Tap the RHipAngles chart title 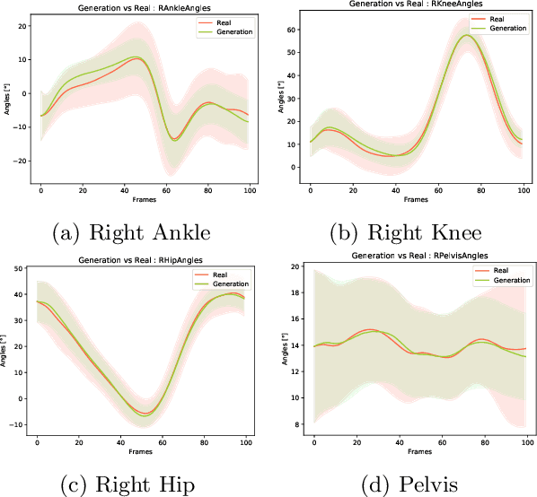point(137,260)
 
